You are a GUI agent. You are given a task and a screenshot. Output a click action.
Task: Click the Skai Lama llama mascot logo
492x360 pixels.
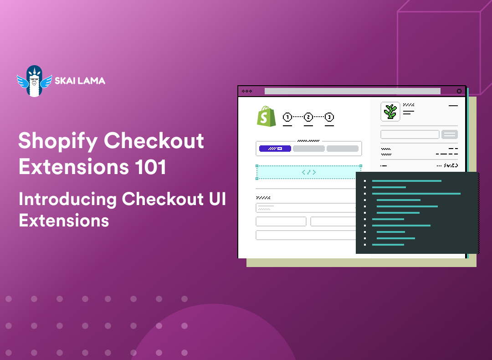34,81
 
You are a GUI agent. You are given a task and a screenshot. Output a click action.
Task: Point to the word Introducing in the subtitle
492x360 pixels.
67,199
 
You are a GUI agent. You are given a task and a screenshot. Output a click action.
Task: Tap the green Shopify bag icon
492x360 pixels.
266,117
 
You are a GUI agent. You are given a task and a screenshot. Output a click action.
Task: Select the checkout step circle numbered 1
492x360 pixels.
287,117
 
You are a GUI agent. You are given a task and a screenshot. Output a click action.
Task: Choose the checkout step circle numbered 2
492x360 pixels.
308,117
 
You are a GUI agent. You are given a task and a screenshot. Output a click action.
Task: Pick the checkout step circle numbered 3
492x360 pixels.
329,117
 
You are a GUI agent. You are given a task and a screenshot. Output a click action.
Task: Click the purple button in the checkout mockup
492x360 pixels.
275,149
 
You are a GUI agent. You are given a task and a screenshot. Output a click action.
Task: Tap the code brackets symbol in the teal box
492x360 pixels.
309,172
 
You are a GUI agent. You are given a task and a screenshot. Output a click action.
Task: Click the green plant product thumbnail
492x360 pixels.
390,112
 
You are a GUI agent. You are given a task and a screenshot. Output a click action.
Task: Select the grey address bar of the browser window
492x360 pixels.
352,91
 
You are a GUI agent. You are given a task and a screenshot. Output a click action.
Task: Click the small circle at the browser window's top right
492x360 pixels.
459,91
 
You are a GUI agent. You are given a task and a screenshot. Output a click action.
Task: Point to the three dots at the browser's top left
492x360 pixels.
247,91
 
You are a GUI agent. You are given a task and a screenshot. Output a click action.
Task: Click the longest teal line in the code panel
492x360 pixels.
416,194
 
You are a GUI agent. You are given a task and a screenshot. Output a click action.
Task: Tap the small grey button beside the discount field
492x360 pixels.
450,134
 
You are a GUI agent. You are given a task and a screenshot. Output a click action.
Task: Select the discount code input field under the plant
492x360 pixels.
410,134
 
